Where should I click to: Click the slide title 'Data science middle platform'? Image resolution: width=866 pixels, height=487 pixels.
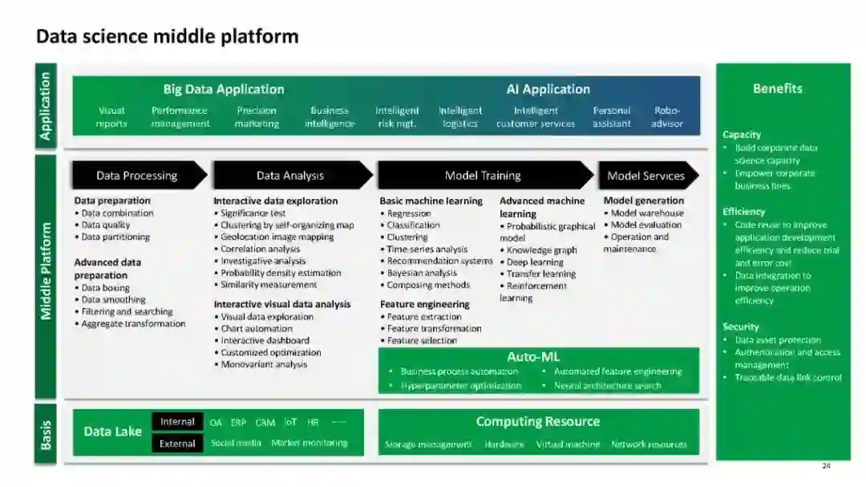click(167, 37)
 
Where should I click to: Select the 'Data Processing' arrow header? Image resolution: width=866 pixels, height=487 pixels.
click(136, 176)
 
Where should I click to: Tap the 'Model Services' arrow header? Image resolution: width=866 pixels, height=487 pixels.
click(645, 176)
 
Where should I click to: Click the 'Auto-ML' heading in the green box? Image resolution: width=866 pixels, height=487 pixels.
click(533, 356)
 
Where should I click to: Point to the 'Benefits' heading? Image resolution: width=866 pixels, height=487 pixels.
click(777, 88)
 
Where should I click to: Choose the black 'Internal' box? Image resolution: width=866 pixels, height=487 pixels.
click(177, 422)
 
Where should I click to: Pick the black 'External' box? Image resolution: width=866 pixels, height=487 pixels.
click(177, 444)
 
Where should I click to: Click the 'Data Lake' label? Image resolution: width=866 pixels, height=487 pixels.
click(112, 432)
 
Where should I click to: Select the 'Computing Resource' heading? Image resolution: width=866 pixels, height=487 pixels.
click(537, 421)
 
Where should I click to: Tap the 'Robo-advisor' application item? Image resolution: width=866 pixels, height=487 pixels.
click(666, 117)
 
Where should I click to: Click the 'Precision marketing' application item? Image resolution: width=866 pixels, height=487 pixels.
click(257, 117)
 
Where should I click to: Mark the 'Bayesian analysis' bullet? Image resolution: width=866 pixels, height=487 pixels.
click(422, 274)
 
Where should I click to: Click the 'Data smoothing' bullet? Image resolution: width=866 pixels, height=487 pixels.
click(113, 300)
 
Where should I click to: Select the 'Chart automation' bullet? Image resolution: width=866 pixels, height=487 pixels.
click(257, 329)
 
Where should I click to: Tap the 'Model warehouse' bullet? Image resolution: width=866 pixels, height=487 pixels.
click(647, 213)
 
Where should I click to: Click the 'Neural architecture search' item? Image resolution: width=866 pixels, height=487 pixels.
click(607, 386)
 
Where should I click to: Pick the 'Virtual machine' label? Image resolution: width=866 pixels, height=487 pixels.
click(568, 444)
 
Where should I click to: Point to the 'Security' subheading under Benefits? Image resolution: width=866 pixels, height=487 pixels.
click(740, 327)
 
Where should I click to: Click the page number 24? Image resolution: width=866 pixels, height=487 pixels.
click(826, 466)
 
